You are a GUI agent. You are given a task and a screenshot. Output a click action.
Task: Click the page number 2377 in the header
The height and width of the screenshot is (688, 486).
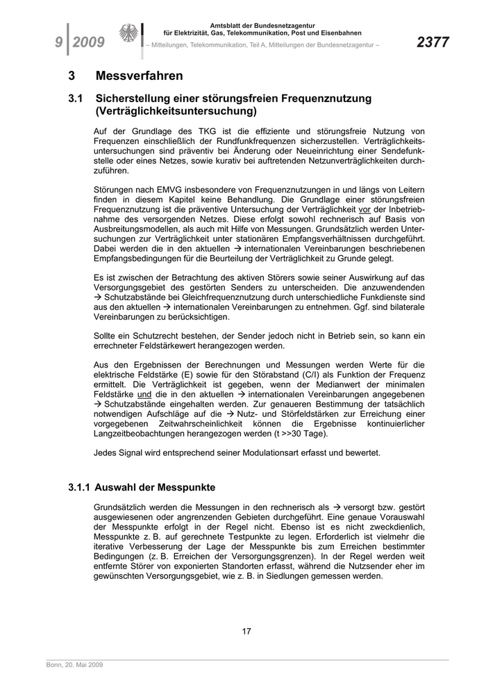433,43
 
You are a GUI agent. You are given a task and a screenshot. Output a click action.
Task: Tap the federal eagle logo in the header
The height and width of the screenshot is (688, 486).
128,35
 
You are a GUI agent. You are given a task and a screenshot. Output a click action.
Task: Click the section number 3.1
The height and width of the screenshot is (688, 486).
76,99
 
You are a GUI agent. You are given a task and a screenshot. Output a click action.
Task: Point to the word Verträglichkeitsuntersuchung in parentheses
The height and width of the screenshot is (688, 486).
176,110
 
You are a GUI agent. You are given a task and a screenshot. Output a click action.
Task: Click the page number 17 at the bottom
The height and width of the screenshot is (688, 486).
246,631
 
